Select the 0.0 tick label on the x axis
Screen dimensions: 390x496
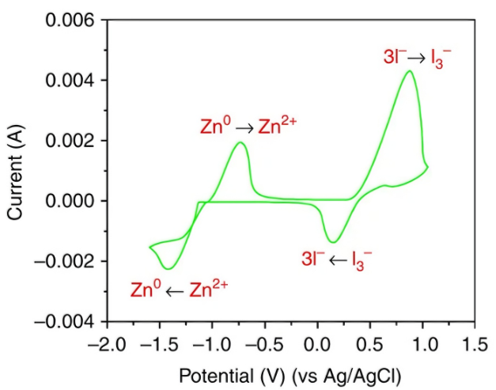coord(317,345)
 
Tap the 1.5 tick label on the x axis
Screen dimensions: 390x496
coord(475,345)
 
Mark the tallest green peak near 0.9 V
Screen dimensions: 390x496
coord(409,71)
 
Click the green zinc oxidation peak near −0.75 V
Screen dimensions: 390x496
coord(240,143)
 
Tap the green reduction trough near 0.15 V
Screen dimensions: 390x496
coord(333,241)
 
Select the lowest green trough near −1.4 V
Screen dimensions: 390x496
coord(168,268)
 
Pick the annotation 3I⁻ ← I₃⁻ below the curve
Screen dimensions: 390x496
coord(337,258)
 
